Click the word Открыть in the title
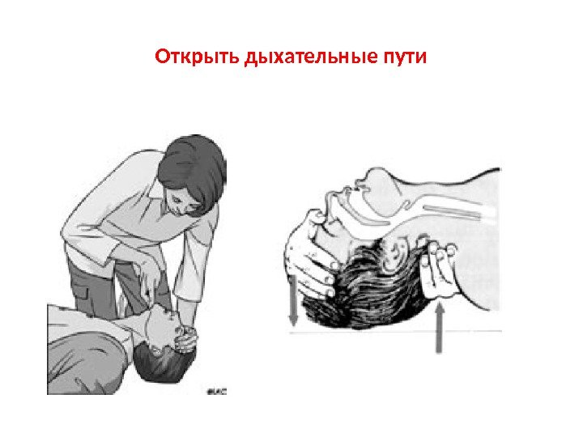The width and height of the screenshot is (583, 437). click(x=197, y=57)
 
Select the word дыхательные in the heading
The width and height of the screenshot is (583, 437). click(x=310, y=57)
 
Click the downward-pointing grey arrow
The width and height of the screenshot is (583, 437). click(x=293, y=300)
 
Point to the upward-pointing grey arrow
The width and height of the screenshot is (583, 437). click(x=440, y=328)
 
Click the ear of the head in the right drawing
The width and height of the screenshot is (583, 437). click(x=397, y=251)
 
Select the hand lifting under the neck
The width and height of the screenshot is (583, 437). click(x=438, y=269)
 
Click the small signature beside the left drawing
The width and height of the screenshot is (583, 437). click(x=217, y=391)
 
